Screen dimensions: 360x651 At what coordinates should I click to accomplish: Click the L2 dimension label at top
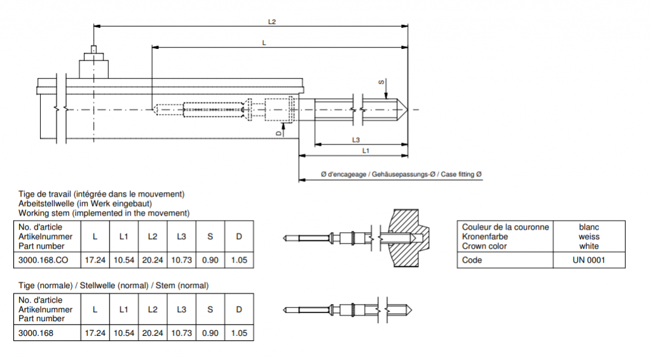tap(272, 22)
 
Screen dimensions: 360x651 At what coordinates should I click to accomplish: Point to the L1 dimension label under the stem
tap(366, 151)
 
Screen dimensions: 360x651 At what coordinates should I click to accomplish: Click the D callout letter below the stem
tap(278, 134)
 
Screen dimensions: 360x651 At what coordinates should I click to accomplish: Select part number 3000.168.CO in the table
tap(43, 260)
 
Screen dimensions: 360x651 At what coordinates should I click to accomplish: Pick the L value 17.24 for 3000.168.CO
tap(95, 260)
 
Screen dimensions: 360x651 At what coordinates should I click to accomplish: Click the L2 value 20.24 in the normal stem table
tap(153, 333)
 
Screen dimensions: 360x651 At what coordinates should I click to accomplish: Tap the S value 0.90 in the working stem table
tap(210, 260)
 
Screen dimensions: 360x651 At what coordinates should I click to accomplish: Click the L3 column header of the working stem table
tap(181, 237)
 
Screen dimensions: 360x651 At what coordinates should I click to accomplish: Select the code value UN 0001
tap(589, 260)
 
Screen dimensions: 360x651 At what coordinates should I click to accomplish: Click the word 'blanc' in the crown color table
tap(589, 227)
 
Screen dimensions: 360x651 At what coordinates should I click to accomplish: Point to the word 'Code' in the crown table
tap(472, 260)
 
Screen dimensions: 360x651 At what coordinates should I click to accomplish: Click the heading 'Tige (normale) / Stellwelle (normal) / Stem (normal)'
tap(113, 285)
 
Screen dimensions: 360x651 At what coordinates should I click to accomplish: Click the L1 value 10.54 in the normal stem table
tap(124, 333)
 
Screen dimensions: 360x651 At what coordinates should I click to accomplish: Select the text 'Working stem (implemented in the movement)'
tap(104, 212)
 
